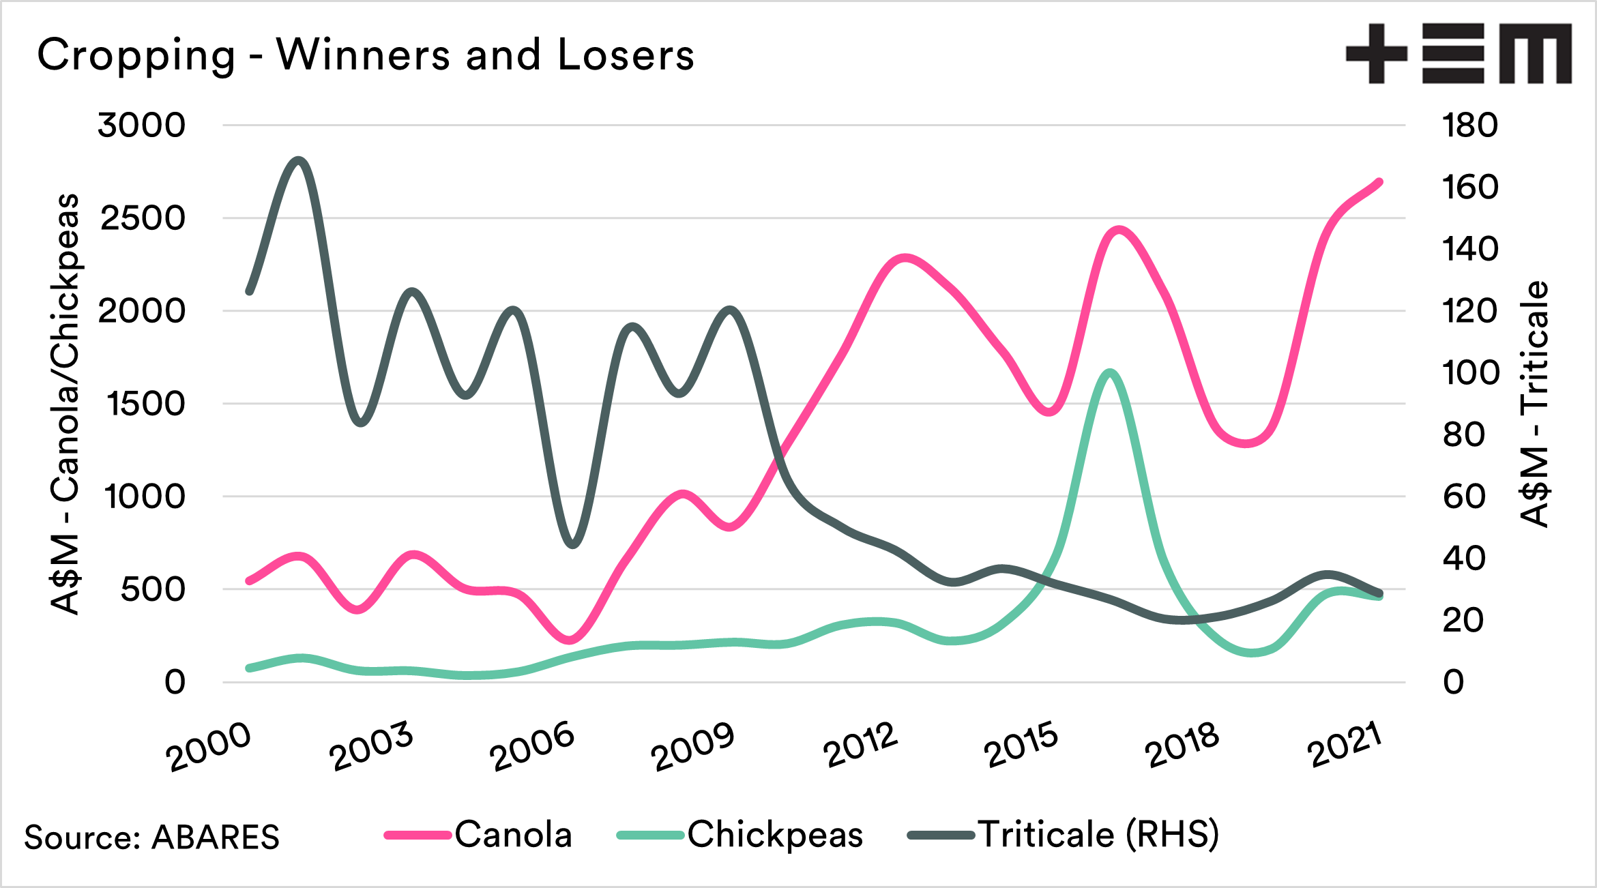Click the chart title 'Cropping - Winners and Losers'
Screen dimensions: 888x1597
[x=366, y=55]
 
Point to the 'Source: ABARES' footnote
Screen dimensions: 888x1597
[x=151, y=838]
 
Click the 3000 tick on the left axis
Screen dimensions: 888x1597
[x=141, y=125]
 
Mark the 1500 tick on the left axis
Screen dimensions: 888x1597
[x=145, y=404]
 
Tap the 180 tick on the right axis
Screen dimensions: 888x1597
[x=1470, y=125]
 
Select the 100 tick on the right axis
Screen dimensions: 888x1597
[x=1470, y=373]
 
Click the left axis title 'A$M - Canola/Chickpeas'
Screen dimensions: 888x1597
[x=65, y=404]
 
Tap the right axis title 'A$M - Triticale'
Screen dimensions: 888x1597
[x=1535, y=404]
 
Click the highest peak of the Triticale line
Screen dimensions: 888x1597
[x=298, y=160]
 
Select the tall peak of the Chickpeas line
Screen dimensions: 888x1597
[x=1110, y=373]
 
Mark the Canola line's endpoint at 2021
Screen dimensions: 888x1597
[x=1379, y=182]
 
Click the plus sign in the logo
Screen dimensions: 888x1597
[x=1377, y=53]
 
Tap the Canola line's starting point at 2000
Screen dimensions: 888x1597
[x=250, y=581]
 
